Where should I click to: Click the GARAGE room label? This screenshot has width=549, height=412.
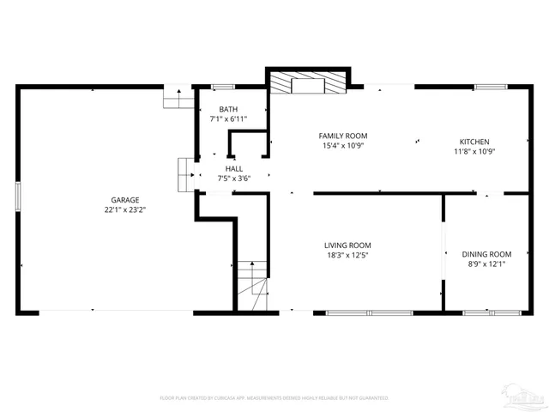(x=124, y=199)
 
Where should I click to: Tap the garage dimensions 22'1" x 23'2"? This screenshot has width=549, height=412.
(x=124, y=209)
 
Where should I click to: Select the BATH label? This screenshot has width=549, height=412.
(x=228, y=109)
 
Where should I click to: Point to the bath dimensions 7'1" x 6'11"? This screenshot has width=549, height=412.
(x=228, y=119)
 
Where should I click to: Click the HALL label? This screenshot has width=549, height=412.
(x=234, y=169)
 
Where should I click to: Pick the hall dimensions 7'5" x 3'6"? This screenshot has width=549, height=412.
(x=234, y=179)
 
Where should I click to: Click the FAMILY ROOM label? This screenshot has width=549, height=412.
(x=343, y=136)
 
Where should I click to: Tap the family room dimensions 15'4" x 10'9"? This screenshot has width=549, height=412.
(x=343, y=146)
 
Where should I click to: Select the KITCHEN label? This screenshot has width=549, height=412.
(x=474, y=142)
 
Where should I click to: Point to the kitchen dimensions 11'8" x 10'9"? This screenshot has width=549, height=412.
(x=474, y=152)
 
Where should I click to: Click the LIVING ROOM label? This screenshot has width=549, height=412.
(x=347, y=245)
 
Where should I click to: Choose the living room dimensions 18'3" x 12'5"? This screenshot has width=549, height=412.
(x=347, y=255)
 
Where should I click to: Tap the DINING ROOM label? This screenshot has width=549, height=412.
(x=486, y=254)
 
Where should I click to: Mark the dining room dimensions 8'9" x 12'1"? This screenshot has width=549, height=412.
(x=486, y=264)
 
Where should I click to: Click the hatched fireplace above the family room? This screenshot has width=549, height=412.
(x=307, y=82)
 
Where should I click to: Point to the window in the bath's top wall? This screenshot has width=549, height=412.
(x=224, y=87)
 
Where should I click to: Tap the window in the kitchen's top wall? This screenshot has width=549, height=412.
(x=489, y=87)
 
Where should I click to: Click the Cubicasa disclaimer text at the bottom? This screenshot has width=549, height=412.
(x=274, y=398)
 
